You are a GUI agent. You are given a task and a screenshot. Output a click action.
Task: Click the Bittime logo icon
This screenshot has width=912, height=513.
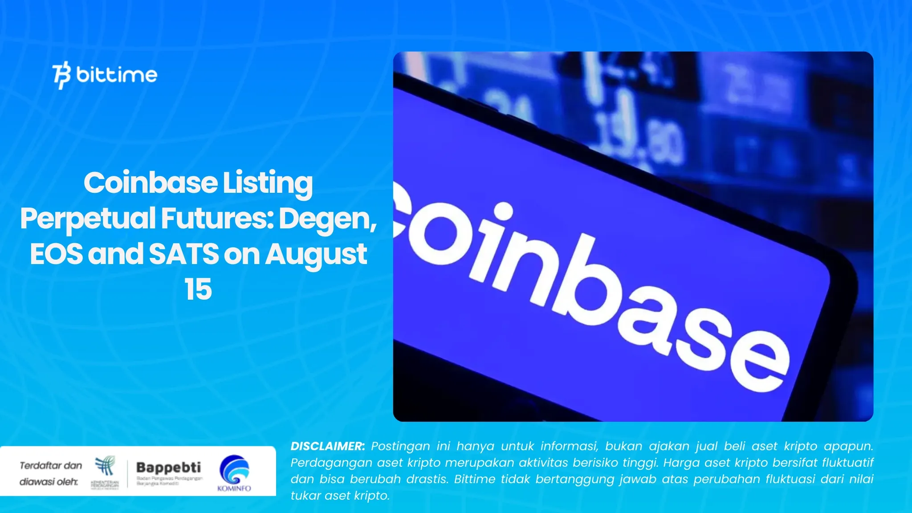pyautogui.click(x=61, y=75)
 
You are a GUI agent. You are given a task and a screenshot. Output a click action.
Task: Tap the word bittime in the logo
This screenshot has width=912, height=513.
pyautogui.click(x=117, y=74)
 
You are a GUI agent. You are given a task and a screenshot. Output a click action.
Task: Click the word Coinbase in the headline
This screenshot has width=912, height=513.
pyautogui.click(x=150, y=183)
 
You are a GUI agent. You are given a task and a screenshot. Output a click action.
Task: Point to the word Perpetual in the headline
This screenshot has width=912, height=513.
pyautogui.click(x=87, y=219)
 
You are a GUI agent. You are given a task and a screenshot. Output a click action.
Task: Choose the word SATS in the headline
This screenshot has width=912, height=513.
pyautogui.click(x=183, y=254)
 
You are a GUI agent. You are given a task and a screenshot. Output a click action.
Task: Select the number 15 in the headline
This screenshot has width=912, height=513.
pyautogui.click(x=198, y=289)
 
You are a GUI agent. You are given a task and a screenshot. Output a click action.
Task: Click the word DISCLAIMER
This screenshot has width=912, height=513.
pyautogui.click(x=327, y=446)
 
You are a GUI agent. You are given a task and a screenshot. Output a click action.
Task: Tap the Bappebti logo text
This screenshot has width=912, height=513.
pyautogui.click(x=168, y=468)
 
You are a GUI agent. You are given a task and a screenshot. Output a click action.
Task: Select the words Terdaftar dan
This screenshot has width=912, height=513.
pyautogui.click(x=51, y=466)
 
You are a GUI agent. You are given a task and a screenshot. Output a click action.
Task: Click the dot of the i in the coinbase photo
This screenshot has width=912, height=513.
pyautogui.click(x=504, y=211)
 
